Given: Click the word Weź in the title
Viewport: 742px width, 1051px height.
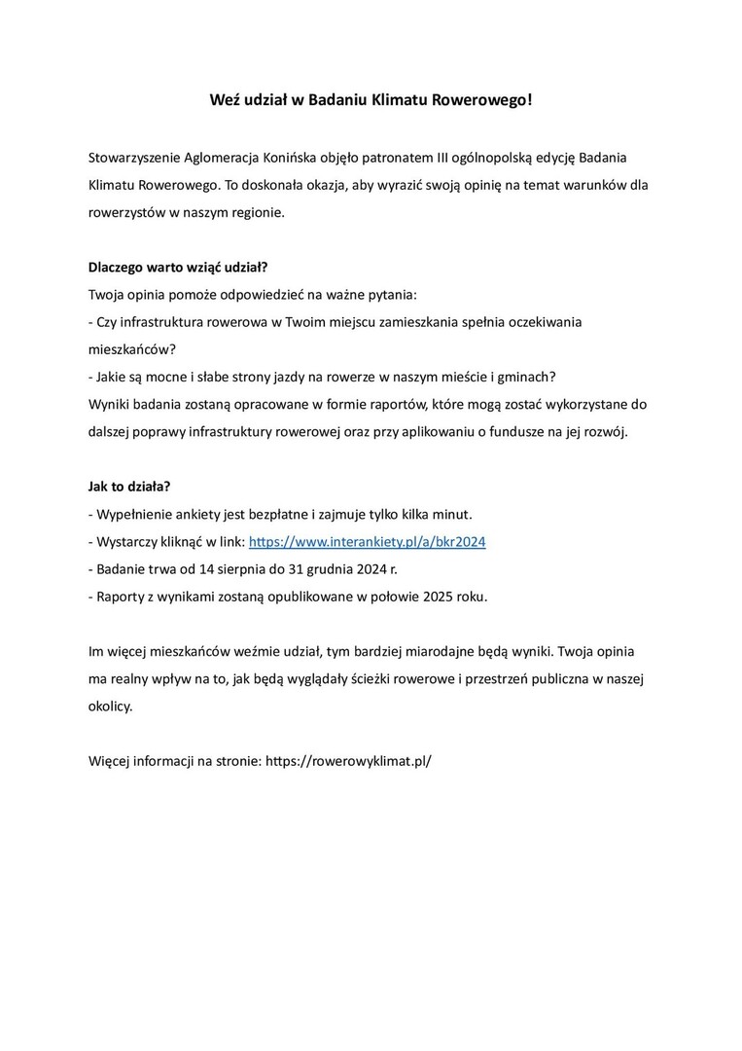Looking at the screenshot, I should pyautogui.click(x=226, y=100).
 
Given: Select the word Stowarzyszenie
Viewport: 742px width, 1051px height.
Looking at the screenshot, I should pyautogui.click(x=134, y=157).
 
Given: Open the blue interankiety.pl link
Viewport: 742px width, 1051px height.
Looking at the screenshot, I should pyautogui.click(x=368, y=541).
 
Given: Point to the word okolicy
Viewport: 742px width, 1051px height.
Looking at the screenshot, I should pyautogui.click(x=109, y=706).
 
